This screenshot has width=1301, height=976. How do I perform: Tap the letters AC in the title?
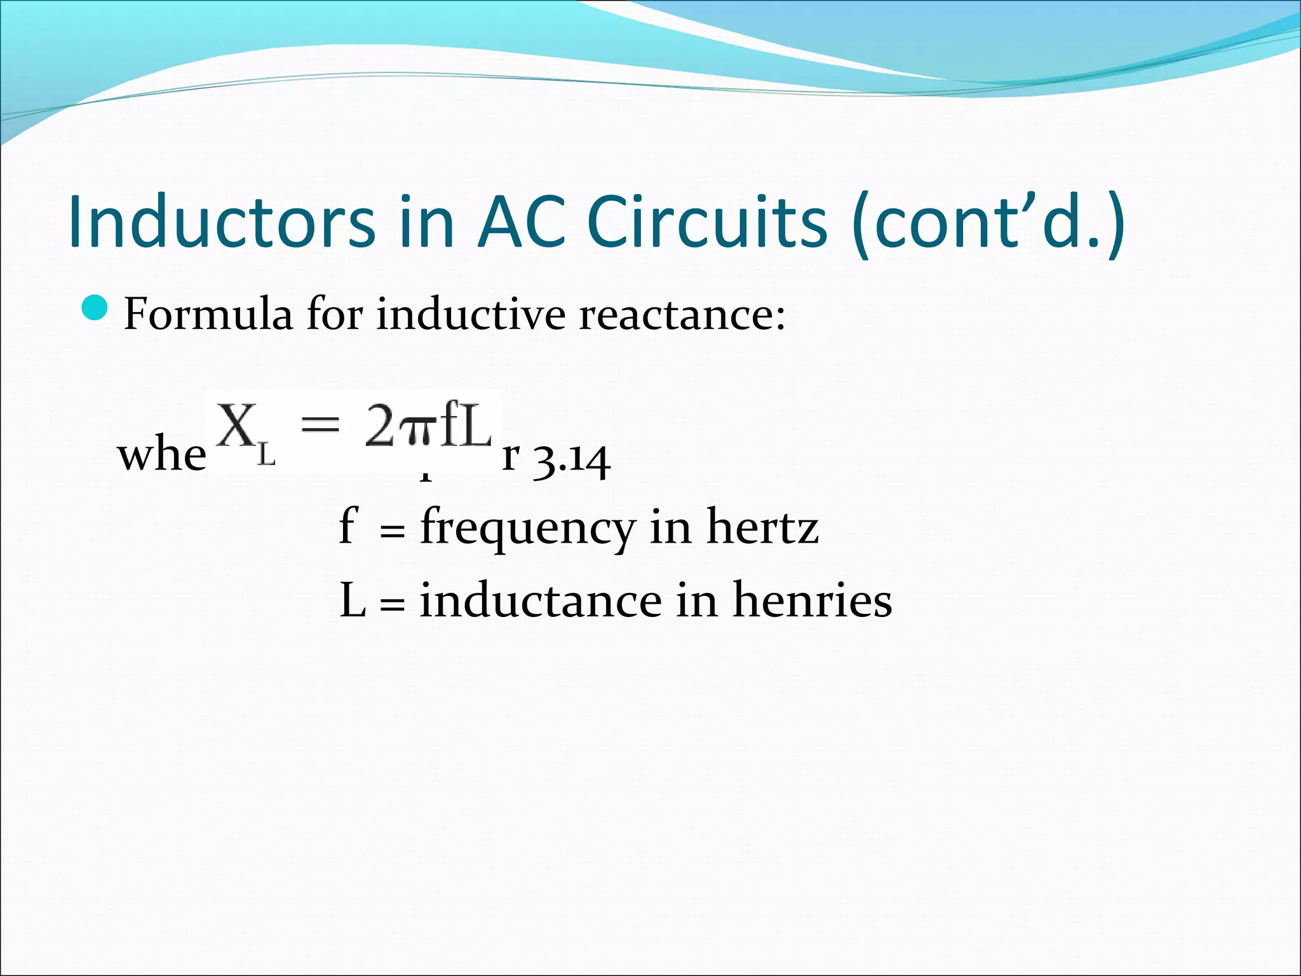click(522, 222)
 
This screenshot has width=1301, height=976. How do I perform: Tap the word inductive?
click(471, 314)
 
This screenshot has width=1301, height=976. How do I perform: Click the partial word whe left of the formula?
click(161, 456)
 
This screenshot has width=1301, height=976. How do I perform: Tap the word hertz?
click(762, 528)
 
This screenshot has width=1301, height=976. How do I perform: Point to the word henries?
click(812, 600)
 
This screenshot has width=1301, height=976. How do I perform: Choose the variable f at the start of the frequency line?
click(348, 525)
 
